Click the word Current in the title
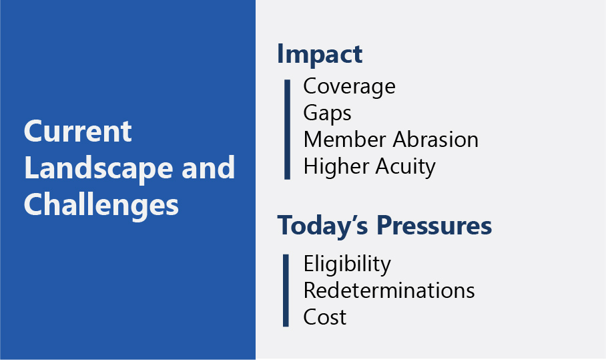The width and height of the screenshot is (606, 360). coord(77,132)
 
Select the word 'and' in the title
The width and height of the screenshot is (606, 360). coord(208,168)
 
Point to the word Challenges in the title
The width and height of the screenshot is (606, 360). coord(101,205)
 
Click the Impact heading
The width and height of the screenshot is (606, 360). coord(320,55)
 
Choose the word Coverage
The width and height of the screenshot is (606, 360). coord(349,87)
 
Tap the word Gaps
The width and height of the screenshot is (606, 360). coord(327,114)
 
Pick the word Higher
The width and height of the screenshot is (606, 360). coord(336,167)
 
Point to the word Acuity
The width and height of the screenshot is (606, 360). coord(405,167)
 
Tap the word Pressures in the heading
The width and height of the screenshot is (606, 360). coord(434,226)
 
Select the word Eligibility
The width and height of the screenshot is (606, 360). coord(347,265)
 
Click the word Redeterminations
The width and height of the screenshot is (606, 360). coord(389,291)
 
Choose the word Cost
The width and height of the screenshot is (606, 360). coord(324,317)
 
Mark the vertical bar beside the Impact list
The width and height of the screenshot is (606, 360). coord(287,130)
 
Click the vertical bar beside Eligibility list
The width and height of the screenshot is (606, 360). coord(286,291)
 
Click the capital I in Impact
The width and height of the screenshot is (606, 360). coord(280,53)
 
